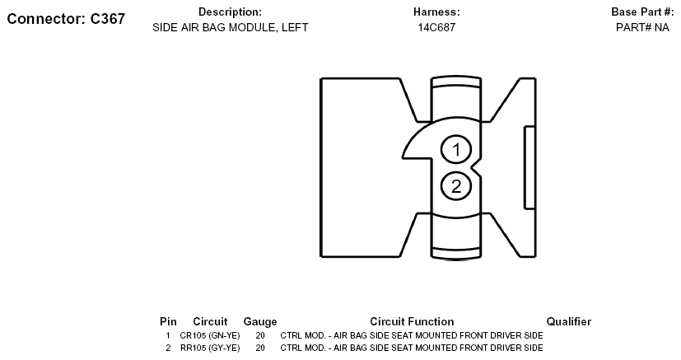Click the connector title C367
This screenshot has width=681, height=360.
click(66, 19)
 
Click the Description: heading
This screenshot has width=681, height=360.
click(231, 12)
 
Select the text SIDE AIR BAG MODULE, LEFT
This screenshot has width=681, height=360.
click(231, 27)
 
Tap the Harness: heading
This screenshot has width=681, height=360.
click(436, 12)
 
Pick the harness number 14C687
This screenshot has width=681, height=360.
click(436, 27)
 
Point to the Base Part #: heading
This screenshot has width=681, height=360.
click(642, 12)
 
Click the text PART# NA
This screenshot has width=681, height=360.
click(642, 27)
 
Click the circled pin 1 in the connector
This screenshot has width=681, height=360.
click(456, 149)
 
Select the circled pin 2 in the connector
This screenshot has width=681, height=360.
click(456, 186)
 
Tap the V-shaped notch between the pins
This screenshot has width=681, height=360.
click(476, 167)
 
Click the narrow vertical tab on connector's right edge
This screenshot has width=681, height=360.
click(529, 167)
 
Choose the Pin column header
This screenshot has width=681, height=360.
click(168, 322)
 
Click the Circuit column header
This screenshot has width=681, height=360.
click(210, 322)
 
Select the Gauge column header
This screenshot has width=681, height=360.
click(260, 322)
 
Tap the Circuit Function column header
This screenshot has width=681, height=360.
click(412, 322)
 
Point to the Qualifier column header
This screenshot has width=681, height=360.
click(568, 322)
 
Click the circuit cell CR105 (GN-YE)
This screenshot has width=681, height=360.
click(210, 335)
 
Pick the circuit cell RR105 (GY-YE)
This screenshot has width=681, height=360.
click(210, 348)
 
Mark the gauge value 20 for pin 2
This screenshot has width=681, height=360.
click(260, 348)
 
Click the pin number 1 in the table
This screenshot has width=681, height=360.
click(168, 335)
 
